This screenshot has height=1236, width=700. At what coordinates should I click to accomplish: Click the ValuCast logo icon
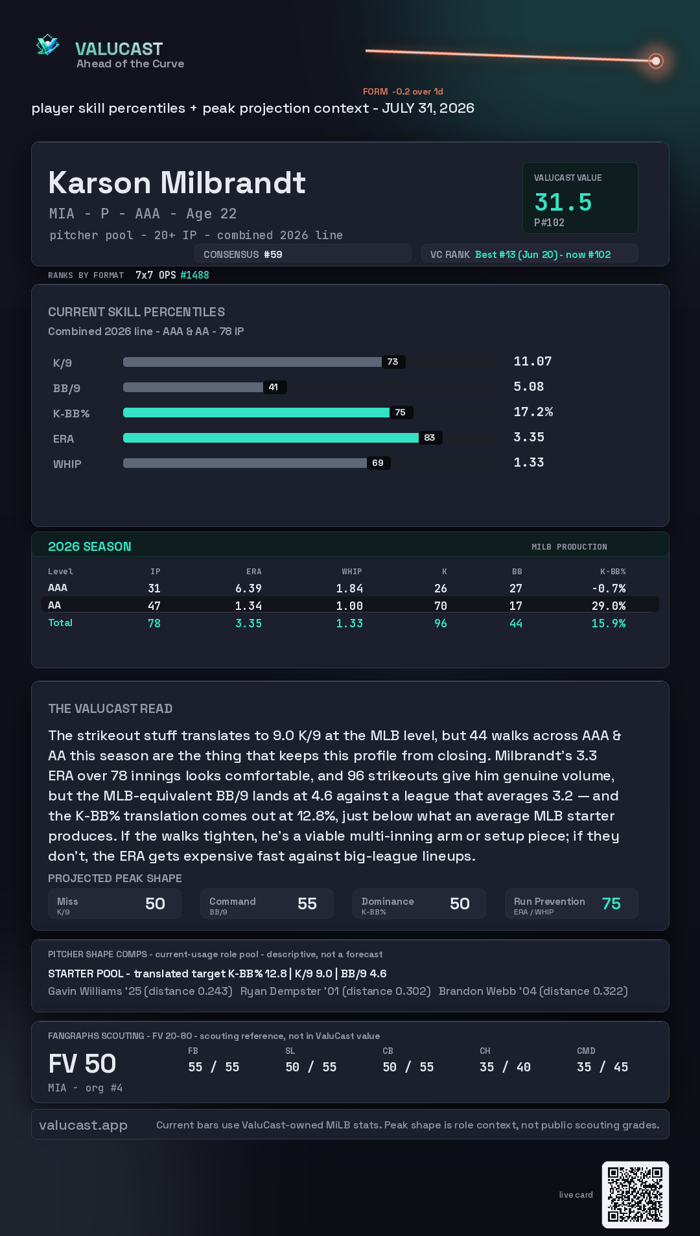(48, 45)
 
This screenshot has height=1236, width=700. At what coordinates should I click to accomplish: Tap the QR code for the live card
(635, 1195)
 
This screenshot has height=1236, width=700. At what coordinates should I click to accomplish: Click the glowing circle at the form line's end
(656, 61)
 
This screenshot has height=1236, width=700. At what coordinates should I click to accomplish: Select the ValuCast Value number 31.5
(563, 202)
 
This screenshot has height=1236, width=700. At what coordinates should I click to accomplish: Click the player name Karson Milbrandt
(177, 183)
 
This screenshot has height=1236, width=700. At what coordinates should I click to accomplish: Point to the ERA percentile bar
(271, 438)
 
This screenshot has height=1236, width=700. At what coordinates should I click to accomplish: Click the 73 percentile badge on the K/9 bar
(393, 362)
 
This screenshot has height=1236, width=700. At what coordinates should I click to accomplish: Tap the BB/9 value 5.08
(529, 387)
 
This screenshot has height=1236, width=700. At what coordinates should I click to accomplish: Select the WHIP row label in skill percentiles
(67, 464)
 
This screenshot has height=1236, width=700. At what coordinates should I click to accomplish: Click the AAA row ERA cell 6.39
(249, 589)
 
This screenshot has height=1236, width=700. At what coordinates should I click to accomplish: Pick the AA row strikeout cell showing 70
(441, 606)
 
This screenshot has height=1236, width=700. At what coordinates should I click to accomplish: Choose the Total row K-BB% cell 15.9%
(609, 624)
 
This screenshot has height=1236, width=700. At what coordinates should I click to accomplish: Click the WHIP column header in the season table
(352, 572)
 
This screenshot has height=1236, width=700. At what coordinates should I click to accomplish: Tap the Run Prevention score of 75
(611, 904)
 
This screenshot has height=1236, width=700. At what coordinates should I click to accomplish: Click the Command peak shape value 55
(307, 904)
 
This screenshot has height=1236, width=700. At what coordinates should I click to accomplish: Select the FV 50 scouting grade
(82, 1064)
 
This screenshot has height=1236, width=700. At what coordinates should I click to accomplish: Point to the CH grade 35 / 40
(505, 1067)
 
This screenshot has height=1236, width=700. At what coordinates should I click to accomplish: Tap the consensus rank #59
(273, 255)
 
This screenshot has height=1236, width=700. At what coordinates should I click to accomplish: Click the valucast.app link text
(83, 1125)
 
